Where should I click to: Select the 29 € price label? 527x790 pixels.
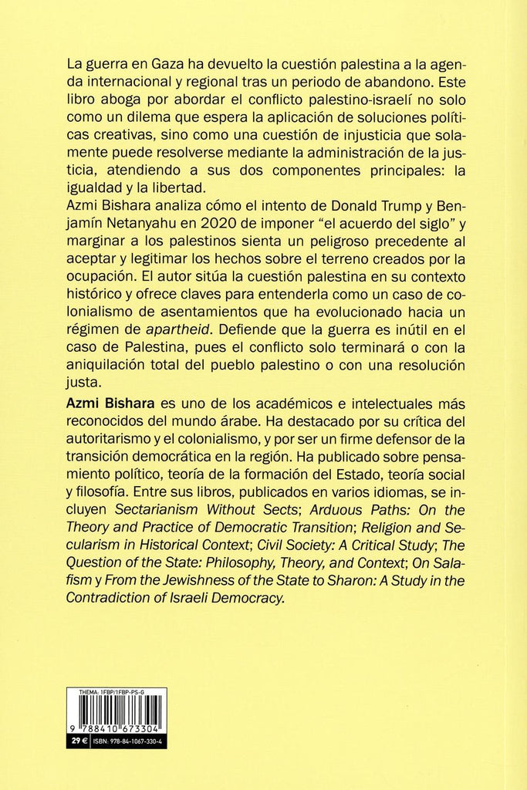tap(76, 741)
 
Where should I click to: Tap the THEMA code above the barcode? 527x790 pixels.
tap(111, 694)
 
